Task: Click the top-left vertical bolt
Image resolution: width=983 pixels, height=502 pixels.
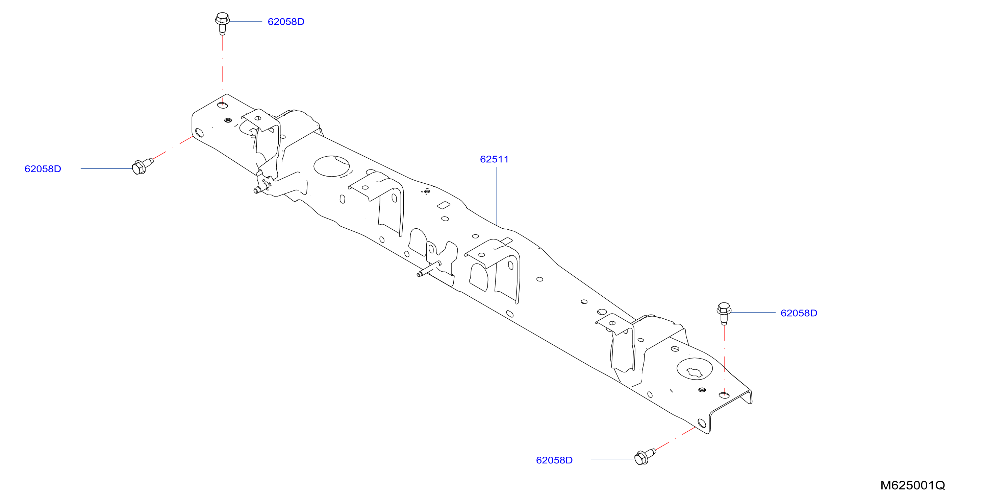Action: click(222, 23)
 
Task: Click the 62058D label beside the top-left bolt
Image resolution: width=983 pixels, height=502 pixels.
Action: click(286, 22)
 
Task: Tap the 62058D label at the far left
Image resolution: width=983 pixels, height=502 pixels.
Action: click(43, 169)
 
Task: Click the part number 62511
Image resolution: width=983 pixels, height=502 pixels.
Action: click(494, 159)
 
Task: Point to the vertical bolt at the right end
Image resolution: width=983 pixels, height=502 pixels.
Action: click(724, 313)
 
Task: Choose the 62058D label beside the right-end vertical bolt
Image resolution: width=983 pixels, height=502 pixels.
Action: click(799, 313)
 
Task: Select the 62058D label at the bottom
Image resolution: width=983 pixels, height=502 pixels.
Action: click(554, 460)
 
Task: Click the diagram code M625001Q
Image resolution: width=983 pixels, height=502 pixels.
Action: click(912, 485)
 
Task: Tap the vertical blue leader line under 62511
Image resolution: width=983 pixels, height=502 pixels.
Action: click(497, 196)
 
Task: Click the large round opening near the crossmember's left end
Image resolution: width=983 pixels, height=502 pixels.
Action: click(331, 166)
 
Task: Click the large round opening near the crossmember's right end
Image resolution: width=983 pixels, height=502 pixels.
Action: click(695, 369)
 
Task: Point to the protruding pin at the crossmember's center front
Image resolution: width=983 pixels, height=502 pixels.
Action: click(429, 269)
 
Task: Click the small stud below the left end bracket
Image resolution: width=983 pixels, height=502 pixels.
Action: click(261, 189)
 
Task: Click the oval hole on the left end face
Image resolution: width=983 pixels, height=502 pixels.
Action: click(199, 133)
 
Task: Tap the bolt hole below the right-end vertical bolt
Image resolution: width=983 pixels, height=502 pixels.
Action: click(724, 395)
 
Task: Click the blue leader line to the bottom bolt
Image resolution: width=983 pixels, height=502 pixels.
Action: click(613, 459)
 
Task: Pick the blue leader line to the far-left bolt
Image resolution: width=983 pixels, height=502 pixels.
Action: click(106, 168)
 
